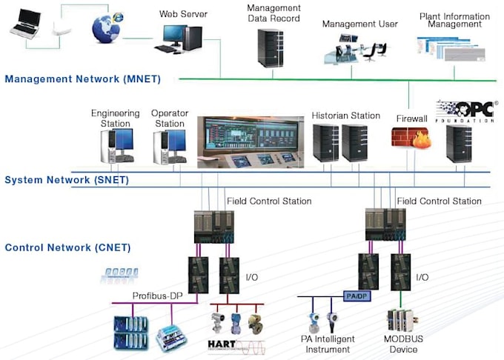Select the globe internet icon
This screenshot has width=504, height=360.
106,27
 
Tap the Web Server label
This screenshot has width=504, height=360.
183,14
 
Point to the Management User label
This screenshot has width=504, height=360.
359,24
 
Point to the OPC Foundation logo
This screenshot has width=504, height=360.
465,111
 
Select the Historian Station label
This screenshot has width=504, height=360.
345,116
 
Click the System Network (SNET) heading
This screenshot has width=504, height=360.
67,180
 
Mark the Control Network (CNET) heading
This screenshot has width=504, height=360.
67,247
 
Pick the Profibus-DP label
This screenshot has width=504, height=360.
157,296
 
